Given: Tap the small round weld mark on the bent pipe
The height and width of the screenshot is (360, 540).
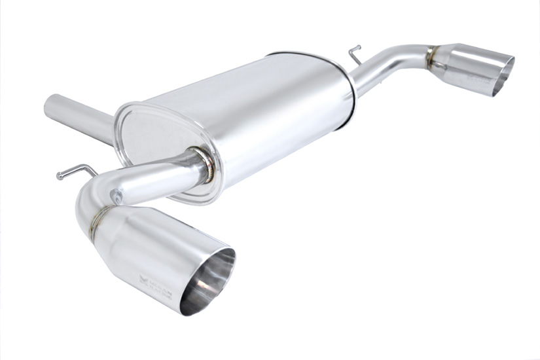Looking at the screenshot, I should pyautogui.click(x=116, y=194).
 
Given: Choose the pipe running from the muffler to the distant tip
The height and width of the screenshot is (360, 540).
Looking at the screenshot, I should pyautogui.click(x=389, y=62).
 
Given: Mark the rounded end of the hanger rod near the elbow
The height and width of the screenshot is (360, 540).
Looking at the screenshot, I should pyautogui.click(x=60, y=175).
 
